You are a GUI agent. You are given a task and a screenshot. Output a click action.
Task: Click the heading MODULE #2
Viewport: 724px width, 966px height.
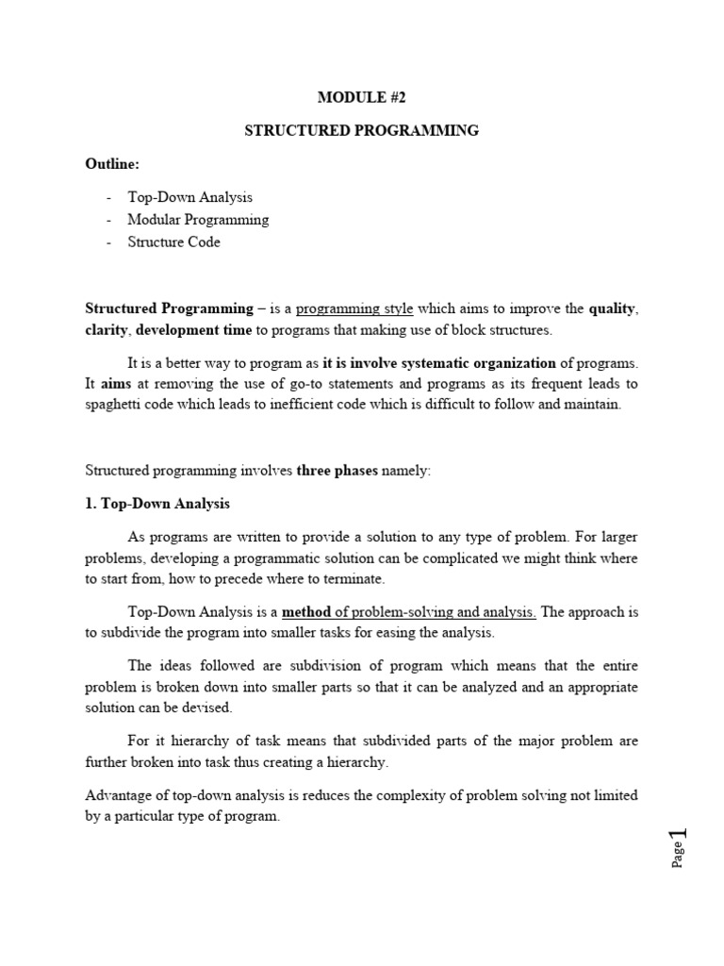(x=362, y=96)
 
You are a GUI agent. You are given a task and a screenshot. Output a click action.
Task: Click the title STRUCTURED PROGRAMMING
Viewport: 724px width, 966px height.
(x=362, y=130)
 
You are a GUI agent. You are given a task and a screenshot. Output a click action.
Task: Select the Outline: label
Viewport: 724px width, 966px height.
(x=112, y=164)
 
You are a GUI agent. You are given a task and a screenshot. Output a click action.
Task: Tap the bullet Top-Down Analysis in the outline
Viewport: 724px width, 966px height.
(x=190, y=197)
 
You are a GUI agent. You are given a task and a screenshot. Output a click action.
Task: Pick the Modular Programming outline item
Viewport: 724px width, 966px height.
(x=198, y=220)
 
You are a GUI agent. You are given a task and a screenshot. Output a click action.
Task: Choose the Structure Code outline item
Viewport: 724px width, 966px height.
(x=174, y=241)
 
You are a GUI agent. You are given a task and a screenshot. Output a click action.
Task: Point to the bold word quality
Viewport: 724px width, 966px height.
(x=613, y=308)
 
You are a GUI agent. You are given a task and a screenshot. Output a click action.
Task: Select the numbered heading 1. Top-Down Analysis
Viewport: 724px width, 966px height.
(x=157, y=504)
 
